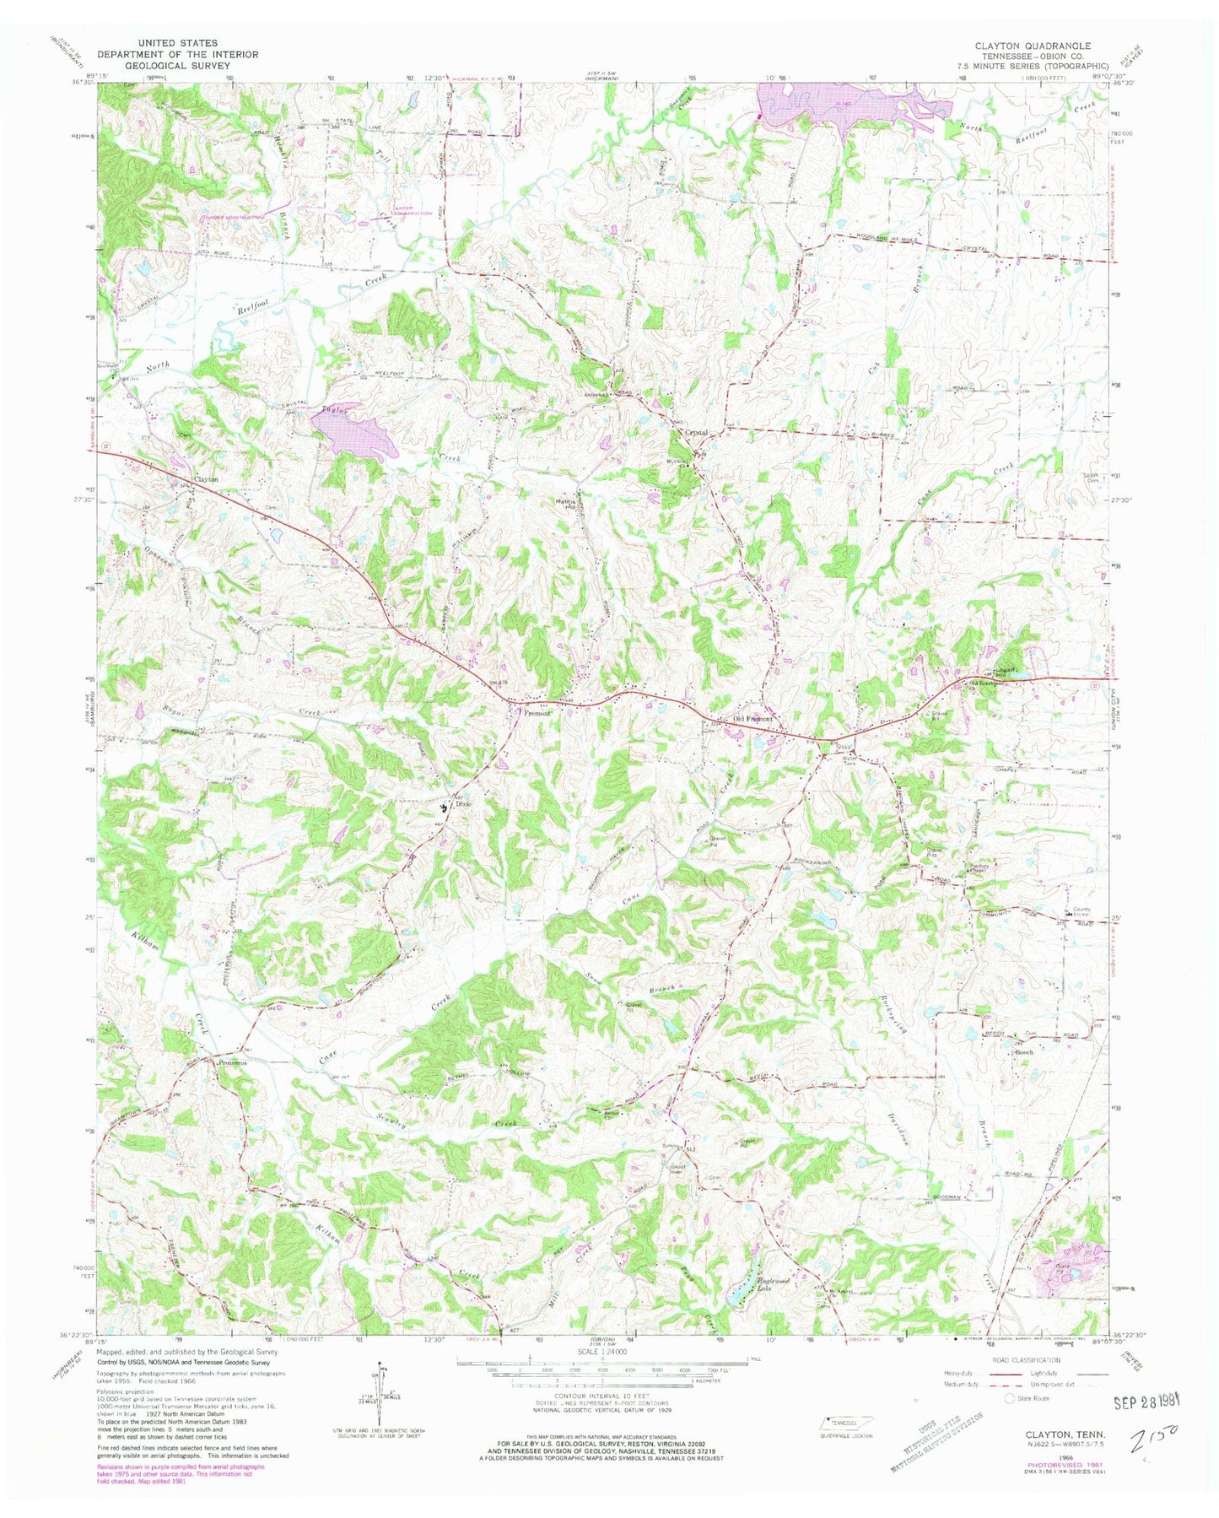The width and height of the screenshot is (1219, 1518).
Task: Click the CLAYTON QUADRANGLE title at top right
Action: [1039, 46]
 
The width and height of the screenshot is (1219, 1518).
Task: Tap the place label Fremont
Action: [537, 713]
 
